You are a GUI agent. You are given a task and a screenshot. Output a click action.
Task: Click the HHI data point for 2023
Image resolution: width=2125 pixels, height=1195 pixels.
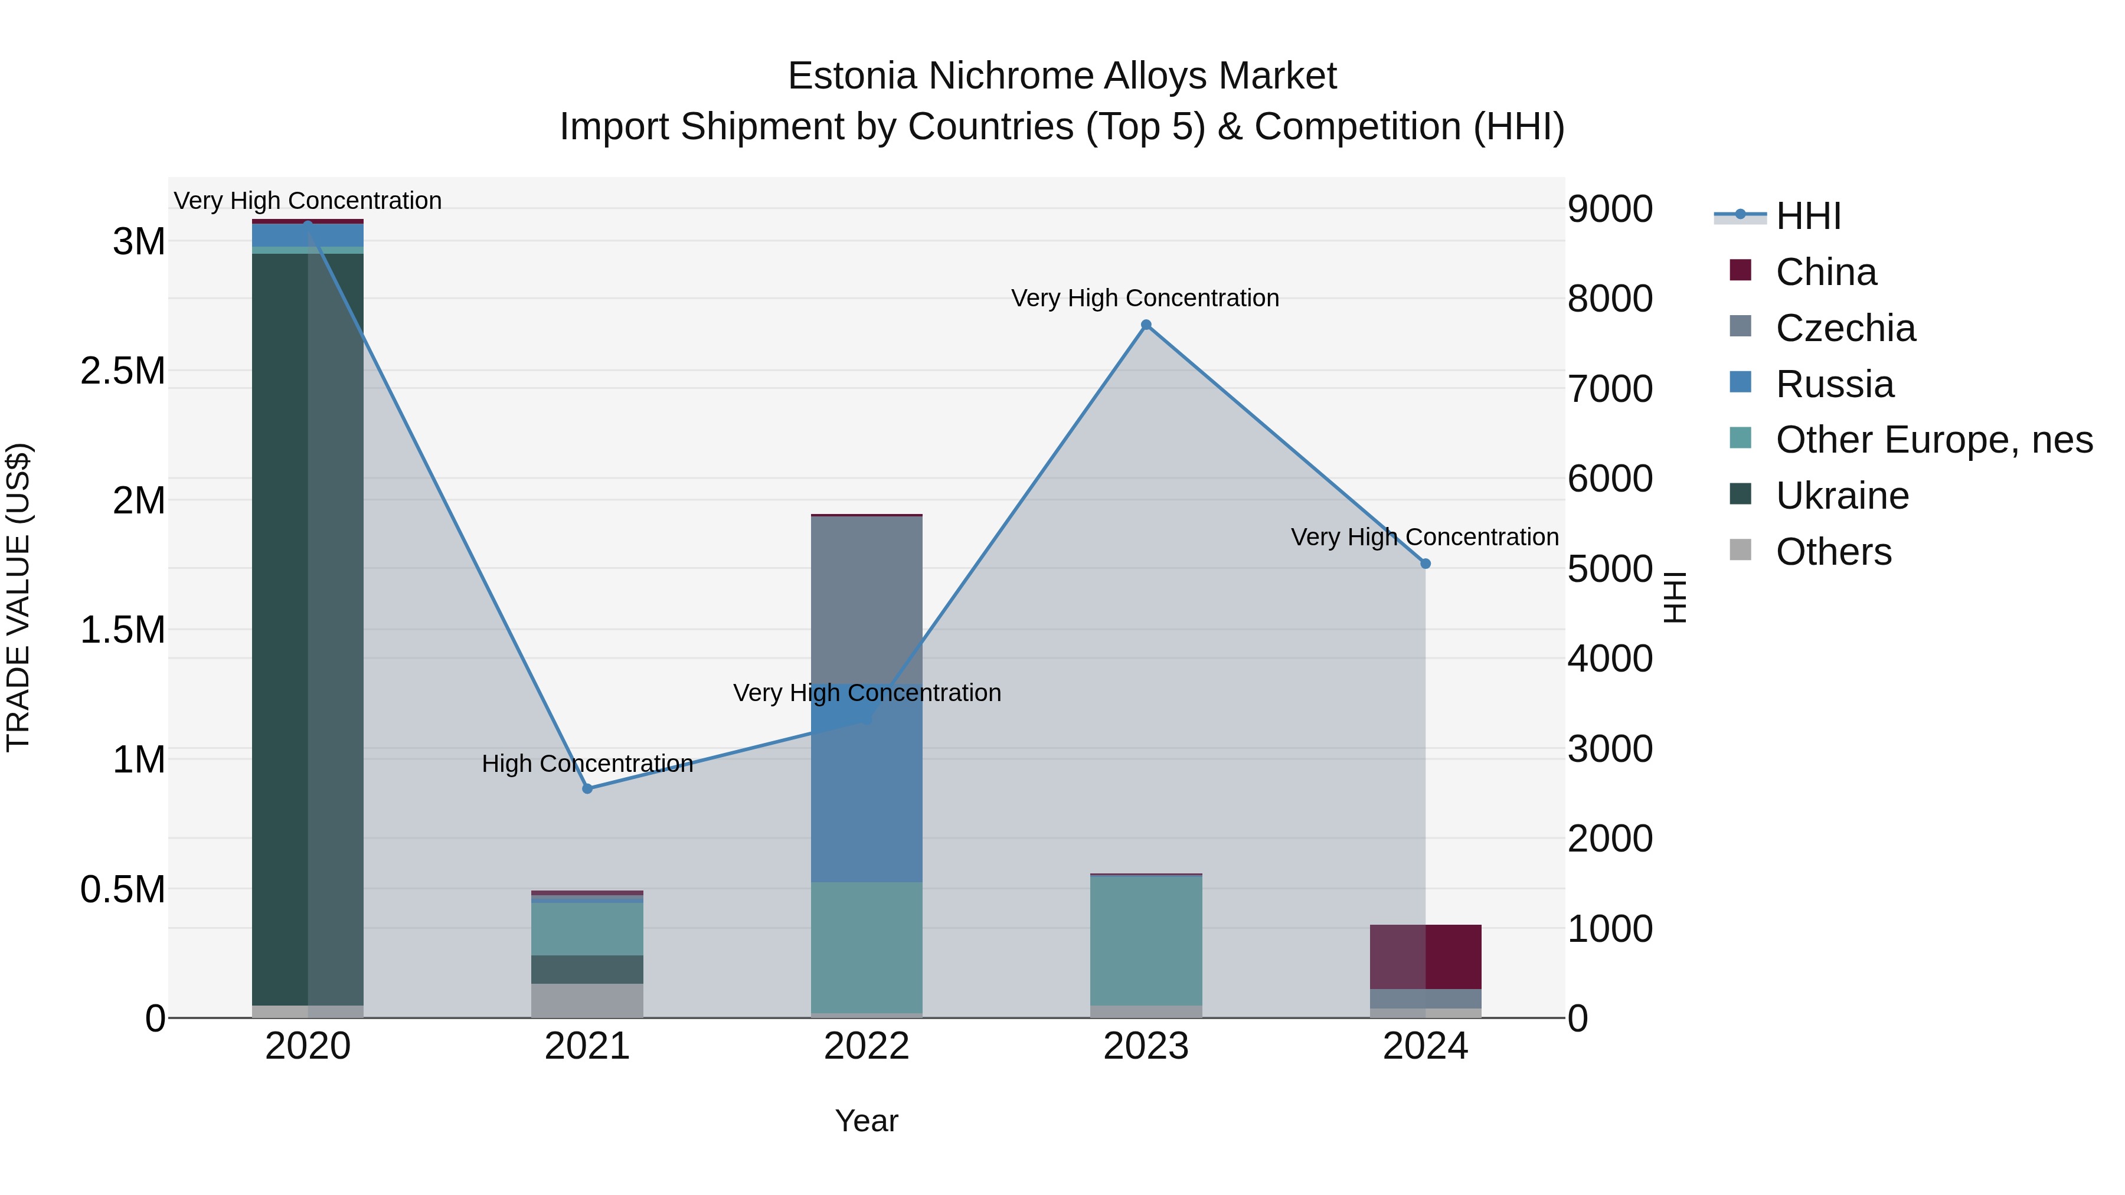pos(1146,325)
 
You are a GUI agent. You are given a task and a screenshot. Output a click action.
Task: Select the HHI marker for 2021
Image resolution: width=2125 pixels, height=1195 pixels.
pos(587,788)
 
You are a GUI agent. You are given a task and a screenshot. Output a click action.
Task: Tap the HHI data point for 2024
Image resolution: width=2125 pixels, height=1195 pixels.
pos(1426,564)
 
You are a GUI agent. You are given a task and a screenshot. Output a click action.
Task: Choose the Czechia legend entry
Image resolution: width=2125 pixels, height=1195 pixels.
pos(1845,328)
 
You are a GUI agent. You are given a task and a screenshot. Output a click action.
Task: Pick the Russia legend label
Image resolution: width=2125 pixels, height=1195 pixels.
pos(1835,384)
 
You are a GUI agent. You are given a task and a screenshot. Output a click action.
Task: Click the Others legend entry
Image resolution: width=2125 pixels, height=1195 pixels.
pos(1833,552)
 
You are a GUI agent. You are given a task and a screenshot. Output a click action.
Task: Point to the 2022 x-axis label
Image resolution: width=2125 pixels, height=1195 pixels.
pos(866,1046)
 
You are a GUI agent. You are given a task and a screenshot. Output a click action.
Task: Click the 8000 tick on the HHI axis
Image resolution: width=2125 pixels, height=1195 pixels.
pos(1610,299)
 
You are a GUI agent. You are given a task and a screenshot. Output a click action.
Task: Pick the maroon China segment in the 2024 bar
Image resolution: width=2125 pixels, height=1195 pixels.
pos(1426,957)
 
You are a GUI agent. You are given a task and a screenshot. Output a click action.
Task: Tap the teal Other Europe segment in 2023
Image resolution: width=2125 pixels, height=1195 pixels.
pos(1146,940)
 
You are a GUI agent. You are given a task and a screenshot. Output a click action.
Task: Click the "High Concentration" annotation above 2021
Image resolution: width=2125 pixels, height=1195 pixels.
pos(587,764)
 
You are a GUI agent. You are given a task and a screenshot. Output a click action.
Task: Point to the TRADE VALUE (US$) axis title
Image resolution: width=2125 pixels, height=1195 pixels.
pos(19,597)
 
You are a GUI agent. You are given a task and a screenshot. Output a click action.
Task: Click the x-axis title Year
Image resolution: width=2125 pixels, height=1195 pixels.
pos(866,1121)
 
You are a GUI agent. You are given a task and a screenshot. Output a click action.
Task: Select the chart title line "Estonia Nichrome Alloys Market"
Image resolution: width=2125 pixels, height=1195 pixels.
pos(1062,76)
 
